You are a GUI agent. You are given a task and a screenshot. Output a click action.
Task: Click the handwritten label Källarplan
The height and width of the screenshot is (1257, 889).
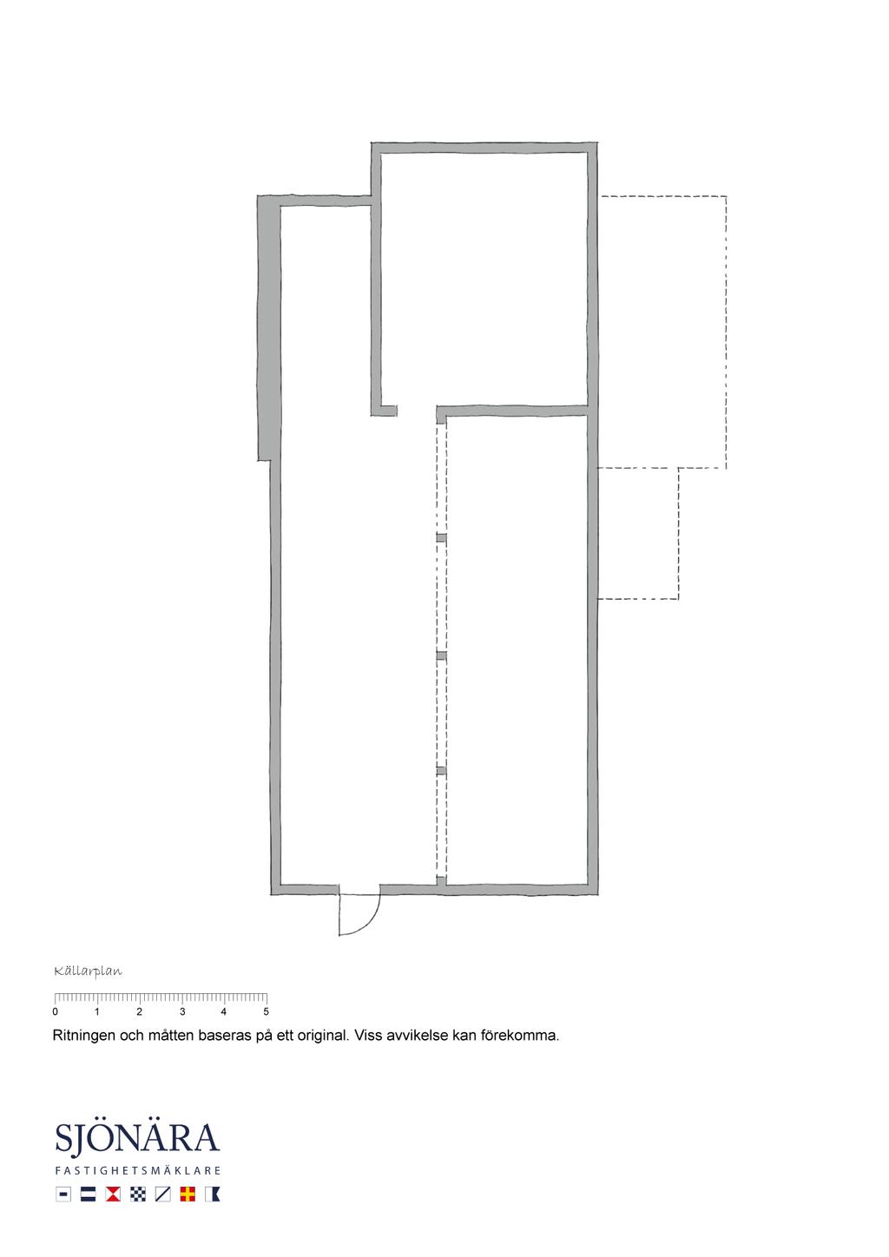pyautogui.click(x=88, y=971)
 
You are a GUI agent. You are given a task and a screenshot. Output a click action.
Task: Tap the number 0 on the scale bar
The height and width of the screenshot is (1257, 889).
pyautogui.click(x=55, y=1012)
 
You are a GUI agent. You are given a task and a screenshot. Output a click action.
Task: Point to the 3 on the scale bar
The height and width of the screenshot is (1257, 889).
pyautogui.click(x=182, y=1012)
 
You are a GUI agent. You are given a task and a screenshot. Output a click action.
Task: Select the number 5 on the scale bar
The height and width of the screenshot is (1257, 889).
pyautogui.click(x=266, y=1012)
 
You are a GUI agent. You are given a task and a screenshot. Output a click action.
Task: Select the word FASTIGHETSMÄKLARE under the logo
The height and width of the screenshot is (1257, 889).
pyautogui.click(x=138, y=1171)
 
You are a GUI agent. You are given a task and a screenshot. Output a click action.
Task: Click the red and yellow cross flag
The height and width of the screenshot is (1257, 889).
pyautogui.click(x=188, y=1194)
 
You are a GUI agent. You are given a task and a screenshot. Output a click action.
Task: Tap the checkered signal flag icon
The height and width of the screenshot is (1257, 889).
pyautogui.click(x=138, y=1194)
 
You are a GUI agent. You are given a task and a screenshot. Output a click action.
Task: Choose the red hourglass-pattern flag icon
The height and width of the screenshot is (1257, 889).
pyautogui.click(x=113, y=1194)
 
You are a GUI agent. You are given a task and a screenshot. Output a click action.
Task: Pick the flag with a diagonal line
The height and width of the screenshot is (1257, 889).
pyautogui.click(x=162, y=1194)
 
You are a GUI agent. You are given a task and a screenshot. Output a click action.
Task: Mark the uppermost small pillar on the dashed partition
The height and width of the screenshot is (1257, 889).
pyautogui.click(x=441, y=537)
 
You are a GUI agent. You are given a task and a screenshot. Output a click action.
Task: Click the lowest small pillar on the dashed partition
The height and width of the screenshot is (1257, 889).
pyautogui.click(x=441, y=771)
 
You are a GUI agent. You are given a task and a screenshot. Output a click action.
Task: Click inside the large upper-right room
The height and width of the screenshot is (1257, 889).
pyautogui.click(x=484, y=278)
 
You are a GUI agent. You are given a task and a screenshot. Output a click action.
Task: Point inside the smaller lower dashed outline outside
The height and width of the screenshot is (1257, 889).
pyautogui.click(x=637, y=533)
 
